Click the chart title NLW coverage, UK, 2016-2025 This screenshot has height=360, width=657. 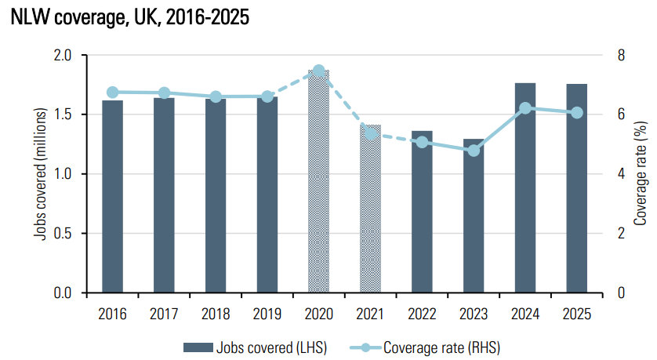(130, 18)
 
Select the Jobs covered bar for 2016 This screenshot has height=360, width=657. (112, 196)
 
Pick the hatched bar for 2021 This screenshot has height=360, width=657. (371, 209)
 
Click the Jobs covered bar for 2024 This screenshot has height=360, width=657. (525, 188)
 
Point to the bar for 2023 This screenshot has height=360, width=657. (474, 216)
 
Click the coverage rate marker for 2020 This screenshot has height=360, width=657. (319, 71)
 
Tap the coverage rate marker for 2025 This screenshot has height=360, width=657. (577, 112)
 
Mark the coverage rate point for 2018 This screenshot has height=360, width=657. (216, 96)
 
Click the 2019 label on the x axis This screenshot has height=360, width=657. (267, 315)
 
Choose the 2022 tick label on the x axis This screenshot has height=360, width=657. (422, 315)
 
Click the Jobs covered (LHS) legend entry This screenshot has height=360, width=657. (255, 347)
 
